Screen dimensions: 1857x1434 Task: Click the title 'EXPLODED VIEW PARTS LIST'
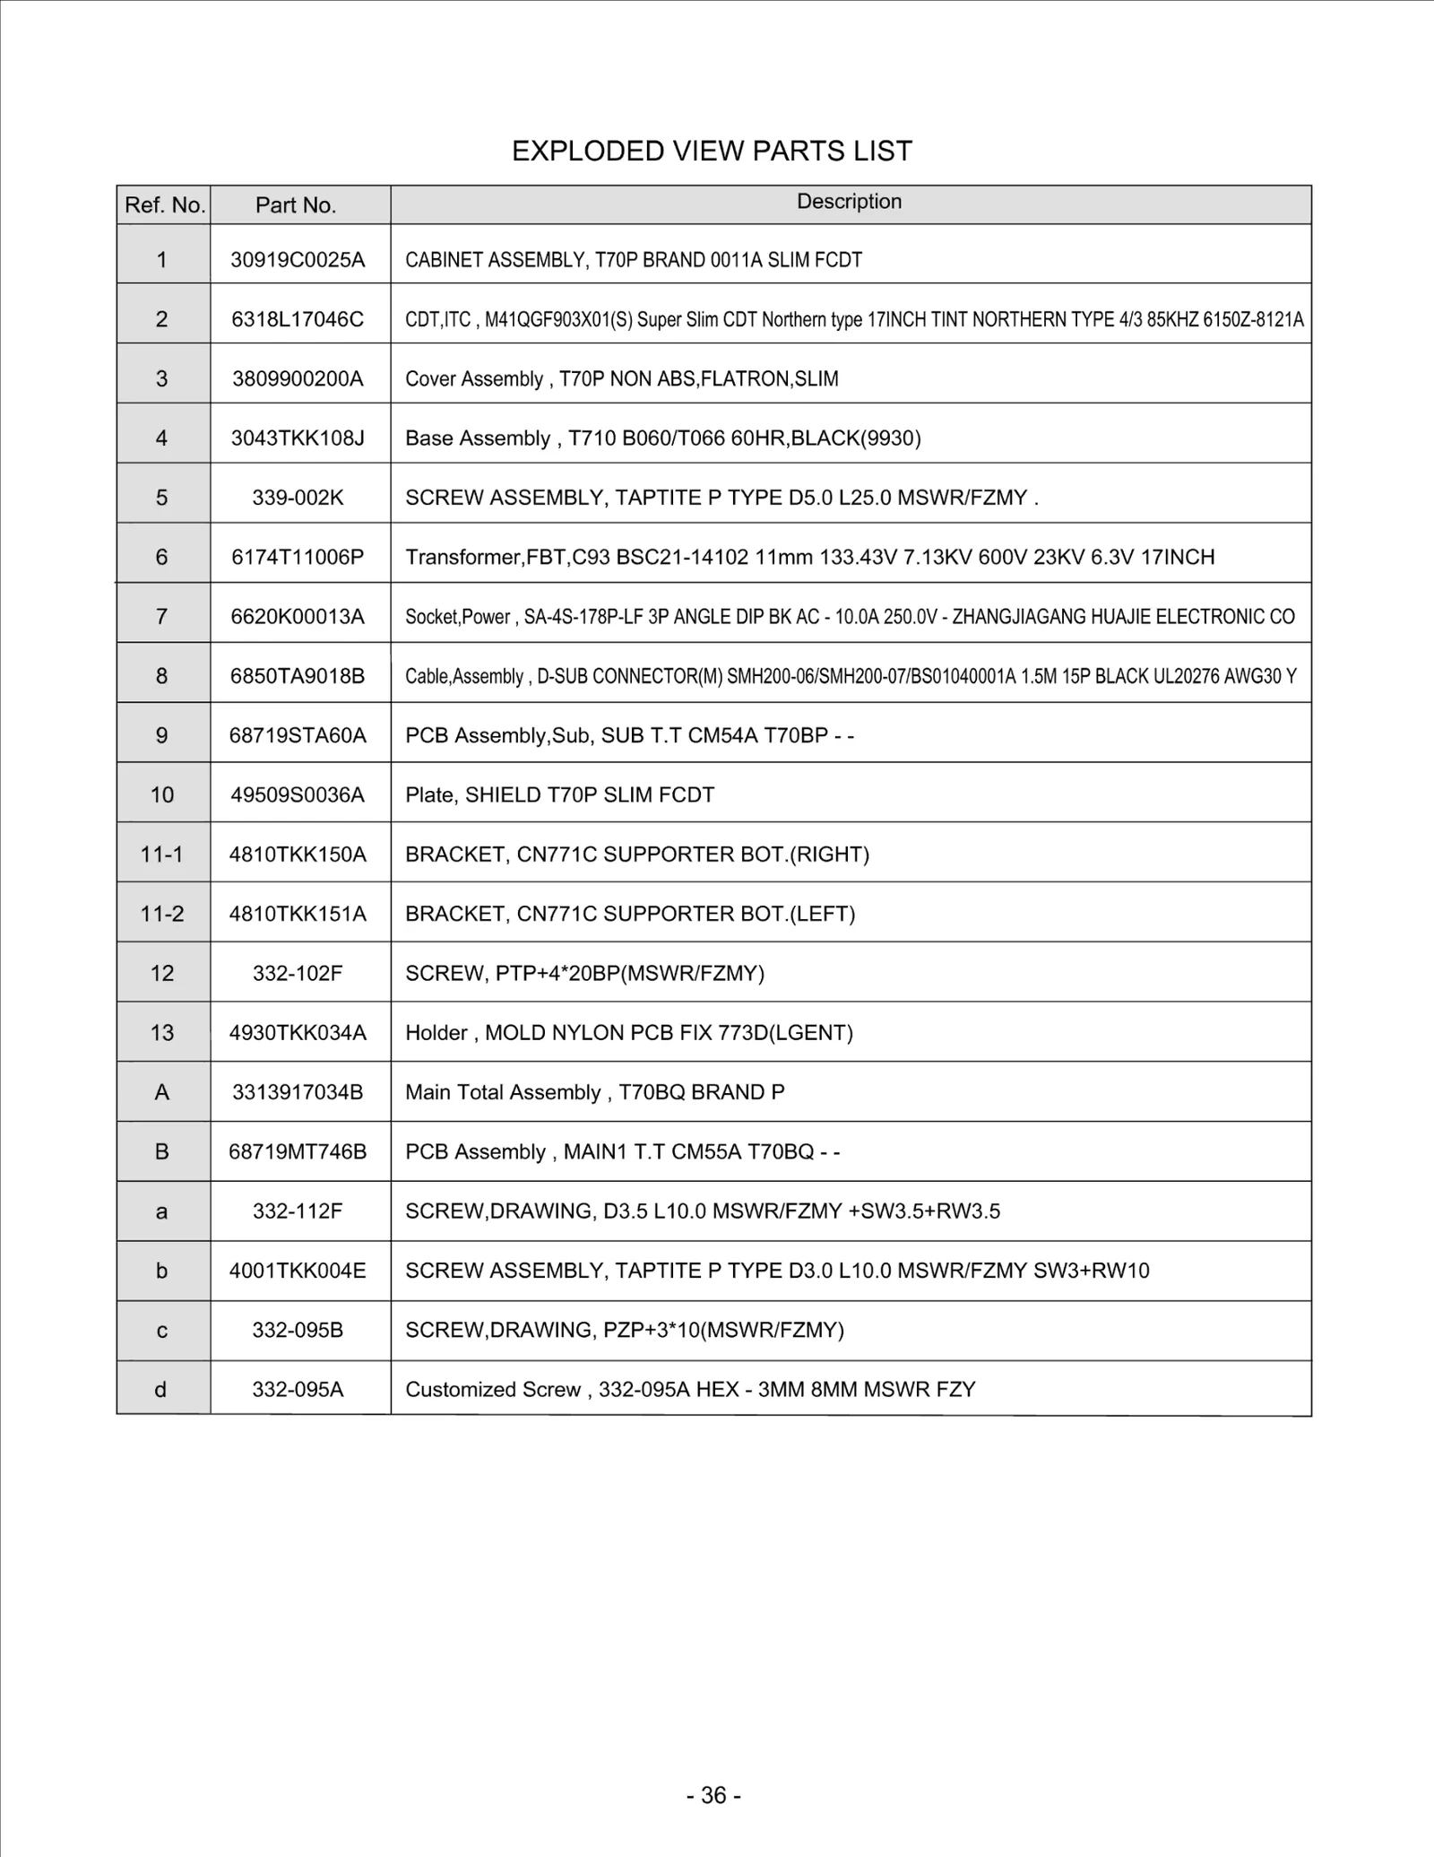point(712,151)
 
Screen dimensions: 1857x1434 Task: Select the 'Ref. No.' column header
point(165,205)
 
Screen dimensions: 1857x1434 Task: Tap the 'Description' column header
point(849,202)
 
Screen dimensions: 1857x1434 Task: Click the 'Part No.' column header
point(296,205)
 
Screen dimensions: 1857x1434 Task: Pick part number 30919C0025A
point(298,260)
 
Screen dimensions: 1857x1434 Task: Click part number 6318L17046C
point(298,319)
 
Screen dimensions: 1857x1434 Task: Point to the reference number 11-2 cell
point(162,914)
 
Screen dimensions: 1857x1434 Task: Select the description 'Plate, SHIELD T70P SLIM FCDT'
point(559,795)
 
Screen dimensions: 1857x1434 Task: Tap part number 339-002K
point(298,498)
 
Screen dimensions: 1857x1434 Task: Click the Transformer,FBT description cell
point(809,557)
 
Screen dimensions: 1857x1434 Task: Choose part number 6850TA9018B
point(298,676)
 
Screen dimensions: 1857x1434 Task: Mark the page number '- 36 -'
point(713,1795)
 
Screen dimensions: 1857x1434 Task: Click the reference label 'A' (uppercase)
point(162,1092)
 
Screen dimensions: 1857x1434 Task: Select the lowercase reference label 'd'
point(161,1390)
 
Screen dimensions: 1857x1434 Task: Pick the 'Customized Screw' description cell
point(690,1390)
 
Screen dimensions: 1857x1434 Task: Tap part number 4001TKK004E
point(298,1271)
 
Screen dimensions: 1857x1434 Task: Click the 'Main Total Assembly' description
point(594,1092)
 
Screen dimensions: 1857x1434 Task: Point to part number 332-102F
point(298,973)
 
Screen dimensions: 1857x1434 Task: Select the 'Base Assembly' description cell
point(662,438)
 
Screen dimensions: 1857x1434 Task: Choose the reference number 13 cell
point(162,1033)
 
